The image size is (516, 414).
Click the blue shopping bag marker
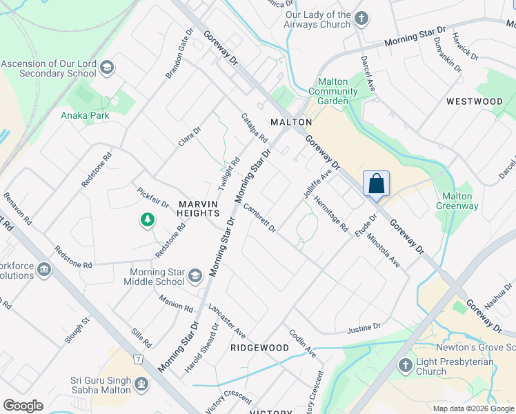coord(376,184)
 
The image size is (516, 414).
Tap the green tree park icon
coord(147,220)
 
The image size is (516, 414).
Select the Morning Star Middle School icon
coord(195,277)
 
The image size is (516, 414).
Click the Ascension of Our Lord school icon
coord(107,68)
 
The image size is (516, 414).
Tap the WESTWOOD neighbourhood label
coord(474,101)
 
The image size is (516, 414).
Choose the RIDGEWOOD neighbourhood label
coord(259,348)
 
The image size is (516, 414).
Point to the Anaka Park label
coord(85,115)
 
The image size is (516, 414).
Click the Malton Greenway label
coord(456,200)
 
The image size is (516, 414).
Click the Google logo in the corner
coord(23,406)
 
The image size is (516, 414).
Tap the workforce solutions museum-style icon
coord(45,269)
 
